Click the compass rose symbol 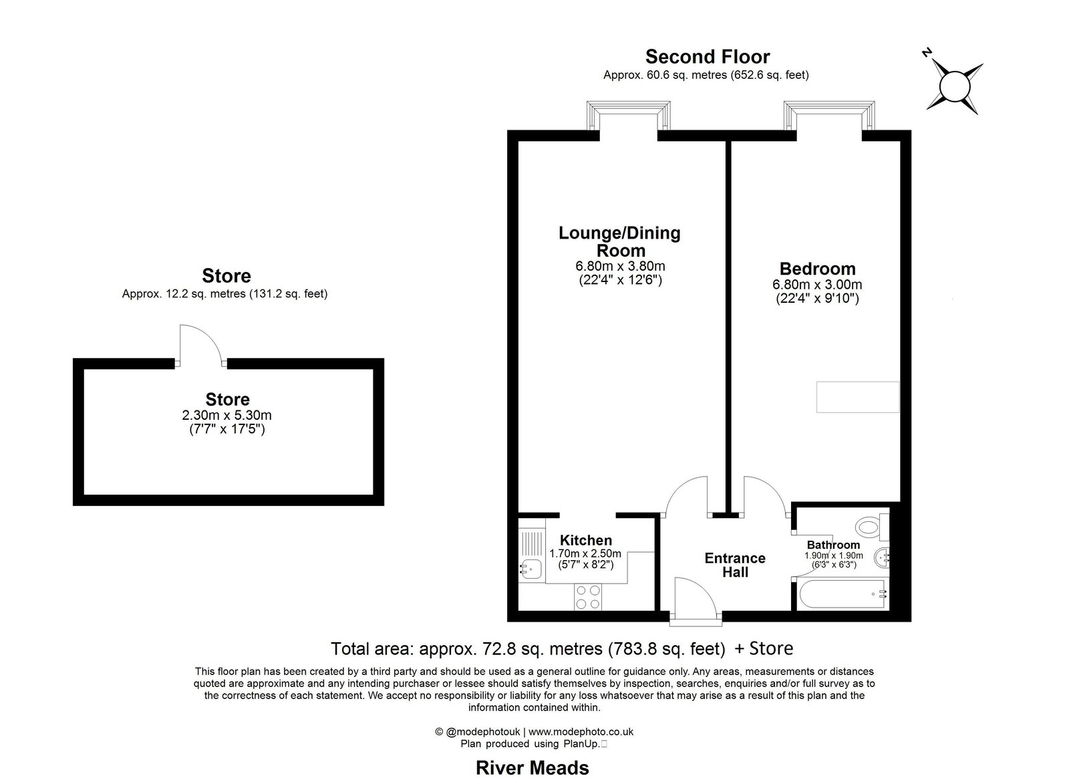tap(954, 86)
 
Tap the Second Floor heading tap(707, 57)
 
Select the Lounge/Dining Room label tap(619, 241)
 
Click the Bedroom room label tap(817, 269)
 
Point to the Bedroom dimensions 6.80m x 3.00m tap(817, 285)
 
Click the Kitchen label tap(585, 540)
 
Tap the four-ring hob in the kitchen tap(587, 597)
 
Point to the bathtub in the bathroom tap(839, 594)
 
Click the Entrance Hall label tap(735, 565)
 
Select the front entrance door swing tap(695, 598)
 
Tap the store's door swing tap(200, 344)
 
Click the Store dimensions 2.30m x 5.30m tap(227, 415)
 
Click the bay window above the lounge tap(627, 115)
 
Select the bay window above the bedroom tap(828, 115)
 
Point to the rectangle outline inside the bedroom tap(858, 397)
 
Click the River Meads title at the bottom tap(532, 767)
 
